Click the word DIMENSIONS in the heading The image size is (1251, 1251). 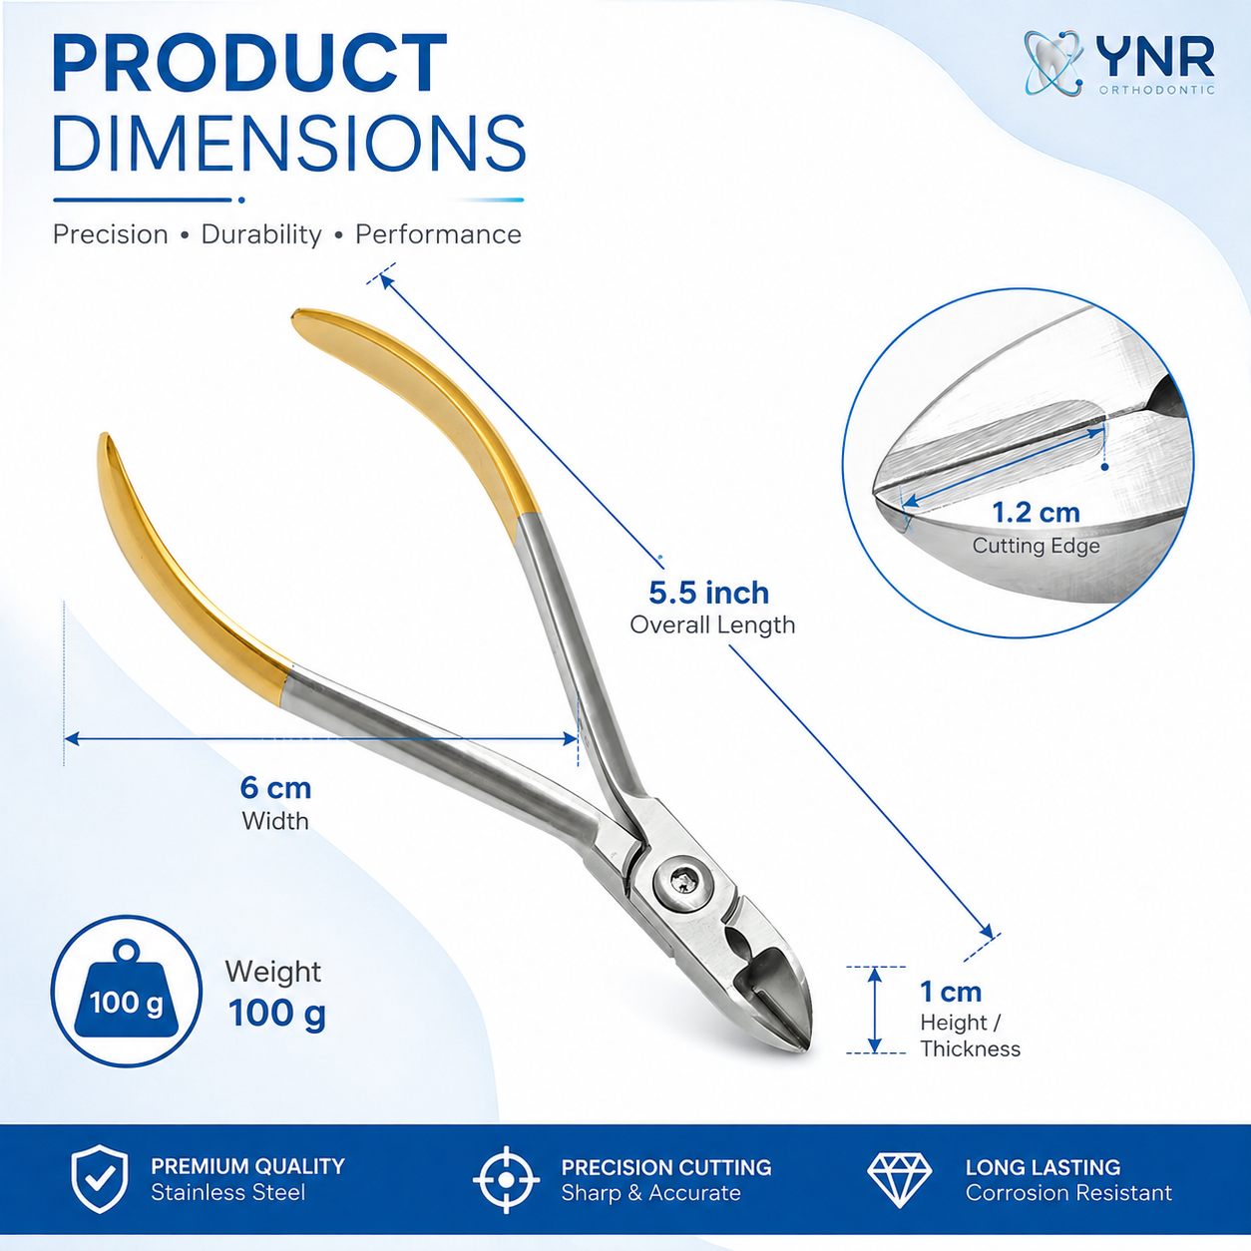coord(289,143)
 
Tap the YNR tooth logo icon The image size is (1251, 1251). coord(1053,63)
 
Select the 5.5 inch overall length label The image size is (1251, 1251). coord(709,592)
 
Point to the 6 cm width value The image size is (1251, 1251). coord(275,787)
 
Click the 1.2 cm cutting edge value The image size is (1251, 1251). coord(1036,512)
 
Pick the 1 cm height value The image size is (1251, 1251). coord(951,992)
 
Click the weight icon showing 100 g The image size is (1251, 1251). coord(127,991)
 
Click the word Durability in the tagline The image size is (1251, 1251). coord(261,234)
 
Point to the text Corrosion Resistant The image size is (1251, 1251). coord(1068,1192)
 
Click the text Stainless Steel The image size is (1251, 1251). coord(227,1192)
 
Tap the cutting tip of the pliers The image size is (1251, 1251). coord(804,1045)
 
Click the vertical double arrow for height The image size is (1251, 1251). coord(875,1010)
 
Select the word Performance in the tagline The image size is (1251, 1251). coord(438,234)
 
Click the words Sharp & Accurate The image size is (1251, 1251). coord(650,1192)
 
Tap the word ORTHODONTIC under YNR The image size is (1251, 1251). coord(1156,90)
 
